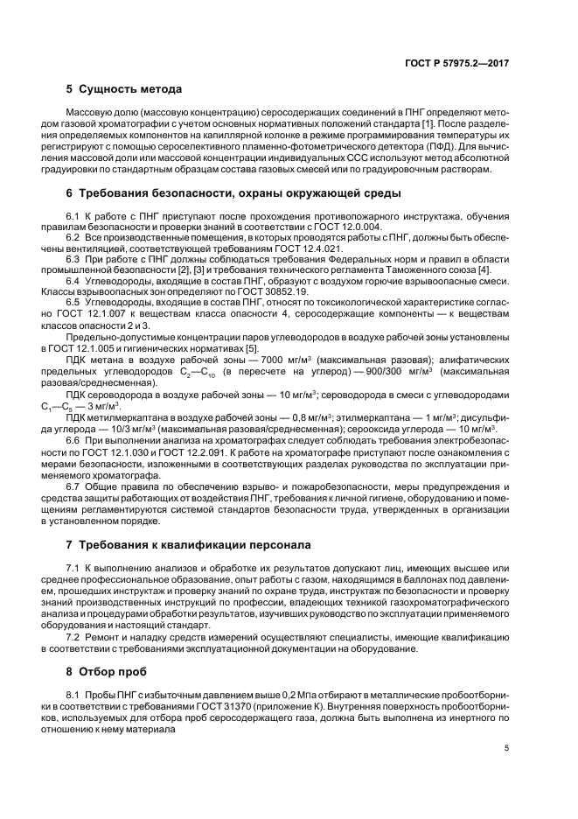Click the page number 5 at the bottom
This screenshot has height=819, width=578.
tap(506, 748)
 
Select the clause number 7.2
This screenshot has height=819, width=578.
tap(74, 636)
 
